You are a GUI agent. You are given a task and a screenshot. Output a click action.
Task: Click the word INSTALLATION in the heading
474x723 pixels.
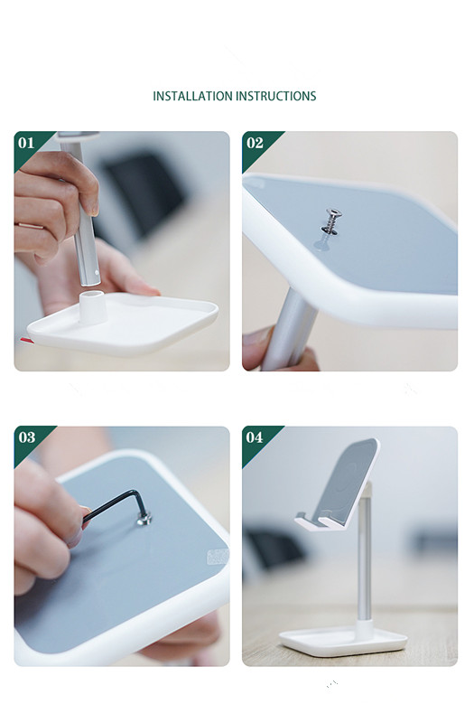(x=192, y=96)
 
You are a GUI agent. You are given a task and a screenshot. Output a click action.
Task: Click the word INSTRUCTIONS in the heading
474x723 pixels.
(x=276, y=96)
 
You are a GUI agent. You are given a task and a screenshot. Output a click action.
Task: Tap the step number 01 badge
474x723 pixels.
(x=26, y=143)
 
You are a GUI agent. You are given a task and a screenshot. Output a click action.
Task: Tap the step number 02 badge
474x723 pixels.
(x=255, y=143)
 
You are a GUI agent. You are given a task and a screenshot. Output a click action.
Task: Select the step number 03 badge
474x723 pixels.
(x=26, y=437)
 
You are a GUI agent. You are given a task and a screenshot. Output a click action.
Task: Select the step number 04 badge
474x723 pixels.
(x=255, y=437)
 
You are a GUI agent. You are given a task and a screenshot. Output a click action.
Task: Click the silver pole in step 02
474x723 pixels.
(x=291, y=334)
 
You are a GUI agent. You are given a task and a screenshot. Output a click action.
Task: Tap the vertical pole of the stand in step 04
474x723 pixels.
(x=365, y=569)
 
